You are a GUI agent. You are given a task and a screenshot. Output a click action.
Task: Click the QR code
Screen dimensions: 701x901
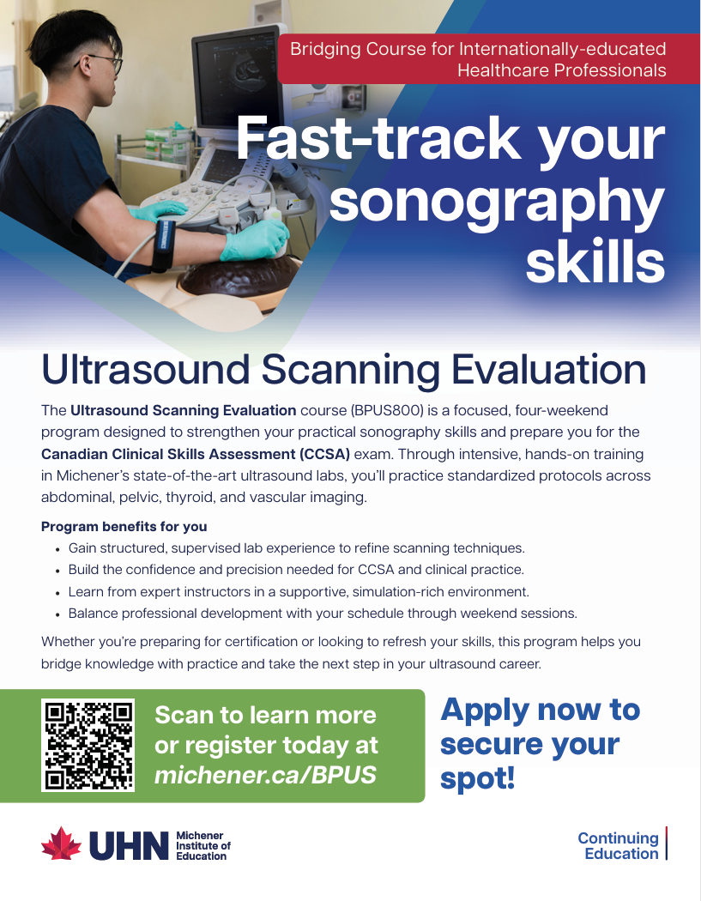tap(88, 746)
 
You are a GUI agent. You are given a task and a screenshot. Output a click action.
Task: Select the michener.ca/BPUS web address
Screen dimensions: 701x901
tap(265, 775)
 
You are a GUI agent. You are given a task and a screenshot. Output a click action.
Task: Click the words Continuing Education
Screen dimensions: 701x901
tap(619, 846)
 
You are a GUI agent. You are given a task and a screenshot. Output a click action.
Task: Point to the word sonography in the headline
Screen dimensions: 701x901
tap(497, 201)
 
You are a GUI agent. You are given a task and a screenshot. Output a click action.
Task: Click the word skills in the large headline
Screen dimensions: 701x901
tap(595, 262)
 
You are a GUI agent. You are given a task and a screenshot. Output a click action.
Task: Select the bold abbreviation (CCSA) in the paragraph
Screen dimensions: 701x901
tap(324, 454)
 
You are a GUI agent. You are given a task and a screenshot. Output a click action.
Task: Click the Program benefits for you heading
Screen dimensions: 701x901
tap(124, 526)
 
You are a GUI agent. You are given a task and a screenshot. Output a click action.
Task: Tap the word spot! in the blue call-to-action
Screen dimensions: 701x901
tap(477, 778)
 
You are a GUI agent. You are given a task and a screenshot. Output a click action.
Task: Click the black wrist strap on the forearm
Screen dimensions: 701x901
tap(163, 245)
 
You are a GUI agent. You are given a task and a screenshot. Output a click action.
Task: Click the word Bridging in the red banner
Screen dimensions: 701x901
tap(325, 50)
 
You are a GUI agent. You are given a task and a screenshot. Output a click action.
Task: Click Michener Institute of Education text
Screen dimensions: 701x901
tap(203, 846)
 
